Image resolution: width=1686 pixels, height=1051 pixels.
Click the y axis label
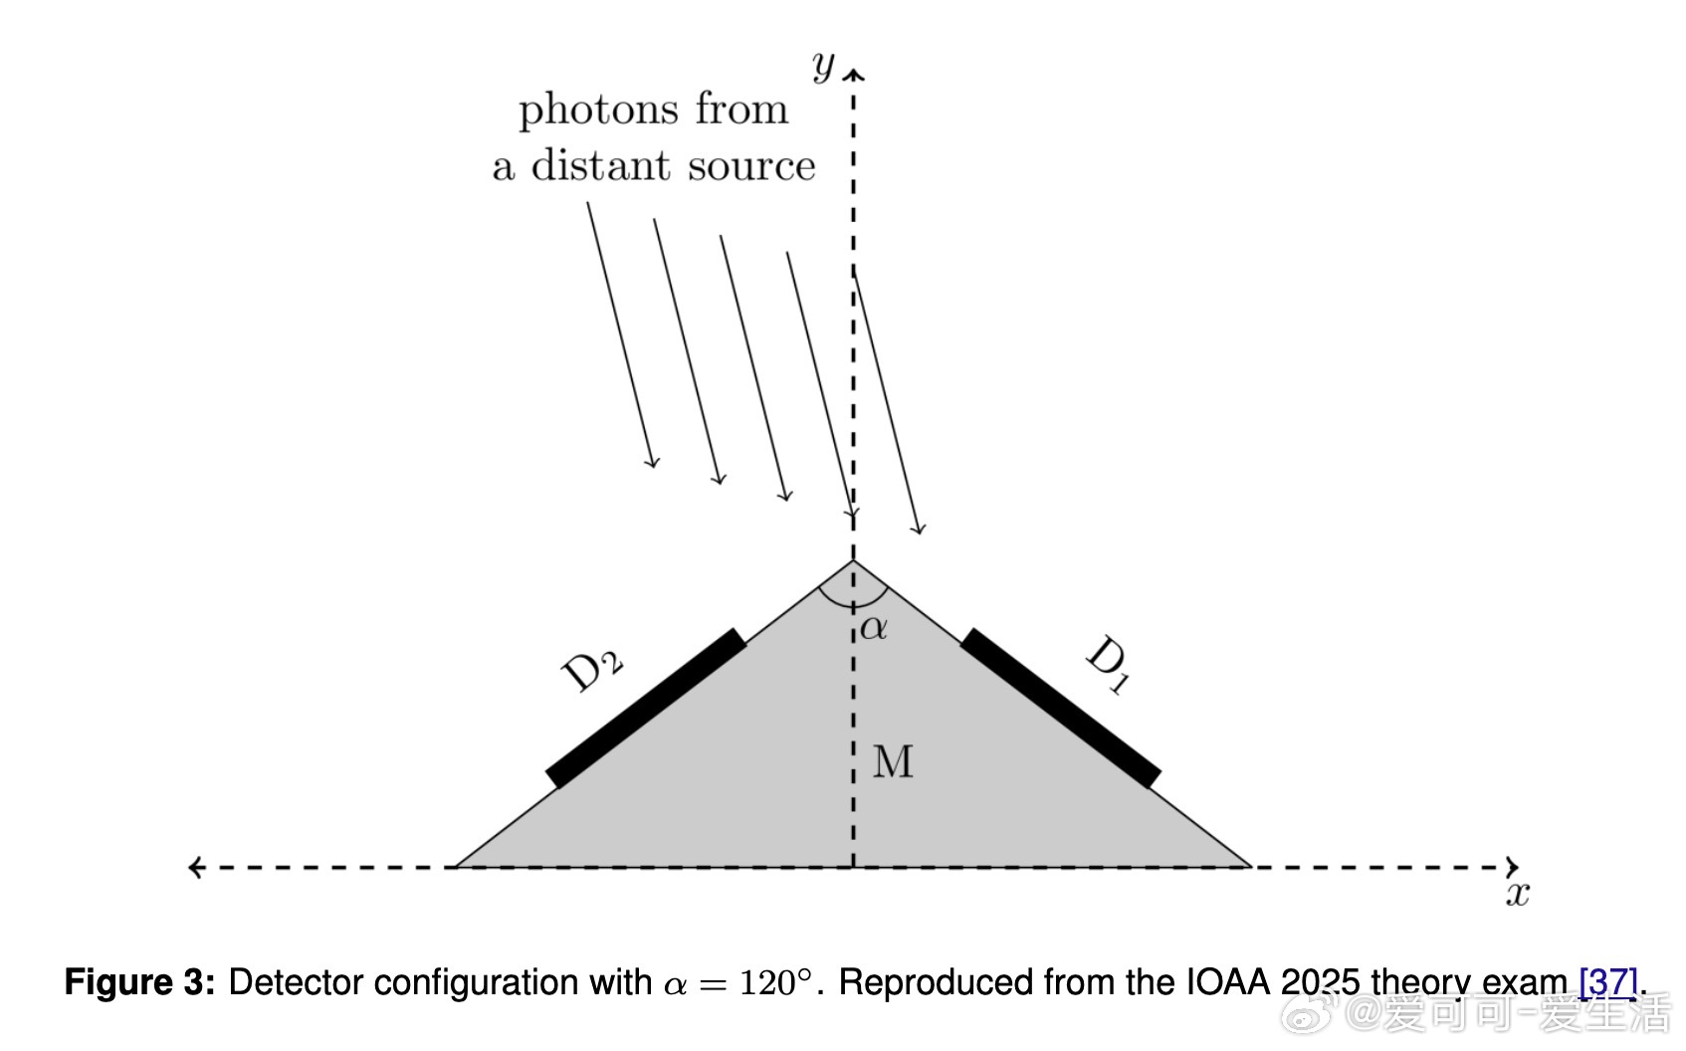coord(823,66)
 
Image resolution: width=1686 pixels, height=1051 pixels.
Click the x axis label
coord(1517,894)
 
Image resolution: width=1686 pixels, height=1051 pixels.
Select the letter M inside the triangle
coord(893,762)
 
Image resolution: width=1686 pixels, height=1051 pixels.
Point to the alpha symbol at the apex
coord(874,628)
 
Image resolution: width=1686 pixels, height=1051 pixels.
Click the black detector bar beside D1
coord(1060,708)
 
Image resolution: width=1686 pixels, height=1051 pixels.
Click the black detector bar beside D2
coord(646,708)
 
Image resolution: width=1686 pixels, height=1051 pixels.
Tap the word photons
coord(596,109)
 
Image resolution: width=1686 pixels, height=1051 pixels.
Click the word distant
coord(602,166)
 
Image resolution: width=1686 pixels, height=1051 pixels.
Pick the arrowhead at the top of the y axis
coord(854,73)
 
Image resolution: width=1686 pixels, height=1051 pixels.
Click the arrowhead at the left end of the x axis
coord(194,867)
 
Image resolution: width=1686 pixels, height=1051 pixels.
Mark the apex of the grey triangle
coord(853,561)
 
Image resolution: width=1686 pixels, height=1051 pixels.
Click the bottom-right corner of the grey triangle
coord(1248,866)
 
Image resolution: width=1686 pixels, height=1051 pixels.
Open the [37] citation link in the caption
coord(1607,982)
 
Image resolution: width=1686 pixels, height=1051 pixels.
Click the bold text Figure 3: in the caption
coord(139,982)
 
